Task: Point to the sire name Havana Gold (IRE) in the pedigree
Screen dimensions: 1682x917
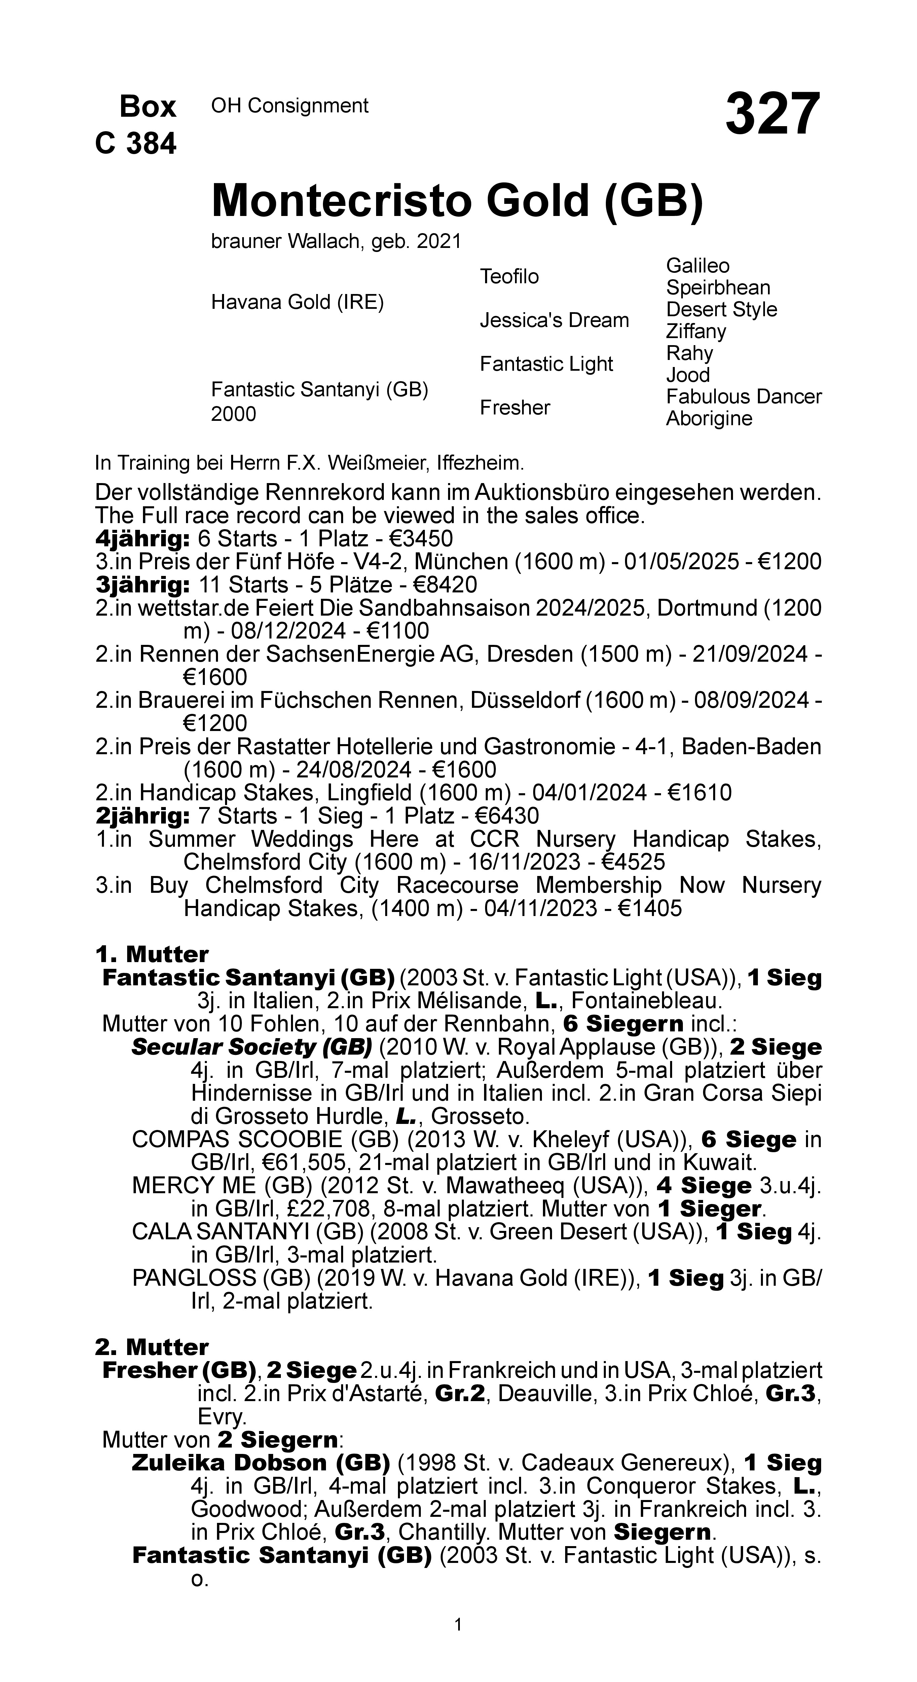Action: pyautogui.click(x=297, y=302)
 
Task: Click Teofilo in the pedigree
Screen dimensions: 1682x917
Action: pyautogui.click(x=509, y=277)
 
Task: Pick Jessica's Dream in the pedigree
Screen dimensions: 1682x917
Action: pyautogui.click(x=554, y=321)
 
